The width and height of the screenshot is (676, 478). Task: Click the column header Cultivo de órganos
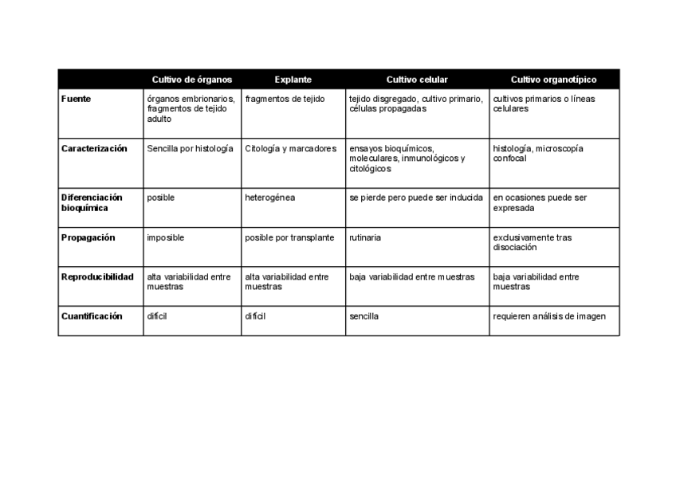pyautogui.click(x=192, y=80)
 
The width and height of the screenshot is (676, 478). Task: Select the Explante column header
pyautogui.click(x=293, y=80)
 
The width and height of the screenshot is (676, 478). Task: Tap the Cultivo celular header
pyautogui.click(x=417, y=80)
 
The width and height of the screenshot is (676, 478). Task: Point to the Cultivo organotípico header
pyautogui.click(x=553, y=80)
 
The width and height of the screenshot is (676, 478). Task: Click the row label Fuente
pyautogui.click(x=76, y=99)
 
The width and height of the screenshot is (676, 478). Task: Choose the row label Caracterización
pyautogui.click(x=94, y=149)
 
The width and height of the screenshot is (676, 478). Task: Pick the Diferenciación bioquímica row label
pyautogui.click(x=92, y=202)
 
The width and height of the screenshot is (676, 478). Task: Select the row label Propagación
pyautogui.click(x=88, y=237)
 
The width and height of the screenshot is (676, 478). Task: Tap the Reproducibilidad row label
pyautogui.click(x=97, y=277)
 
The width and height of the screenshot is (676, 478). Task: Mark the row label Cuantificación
pyautogui.click(x=92, y=316)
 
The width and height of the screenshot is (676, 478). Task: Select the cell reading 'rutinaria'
pyautogui.click(x=365, y=237)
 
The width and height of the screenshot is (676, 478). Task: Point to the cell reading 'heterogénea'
pyautogui.click(x=269, y=198)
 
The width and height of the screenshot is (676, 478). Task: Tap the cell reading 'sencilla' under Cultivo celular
pyautogui.click(x=364, y=316)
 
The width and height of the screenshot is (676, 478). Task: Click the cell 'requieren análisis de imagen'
pyautogui.click(x=549, y=316)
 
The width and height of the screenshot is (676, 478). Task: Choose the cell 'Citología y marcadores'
pyautogui.click(x=290, y=149)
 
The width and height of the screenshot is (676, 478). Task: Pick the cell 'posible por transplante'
pyautogui.click(x=289, y=237)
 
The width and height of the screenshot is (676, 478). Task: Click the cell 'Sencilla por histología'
pyautogui.click(x=190, y=149)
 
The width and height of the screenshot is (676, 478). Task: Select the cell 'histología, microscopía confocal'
pyautogui.click(x=538, y=154)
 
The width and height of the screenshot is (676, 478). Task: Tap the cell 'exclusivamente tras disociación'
pyautogui.click(x=532, y=242)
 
